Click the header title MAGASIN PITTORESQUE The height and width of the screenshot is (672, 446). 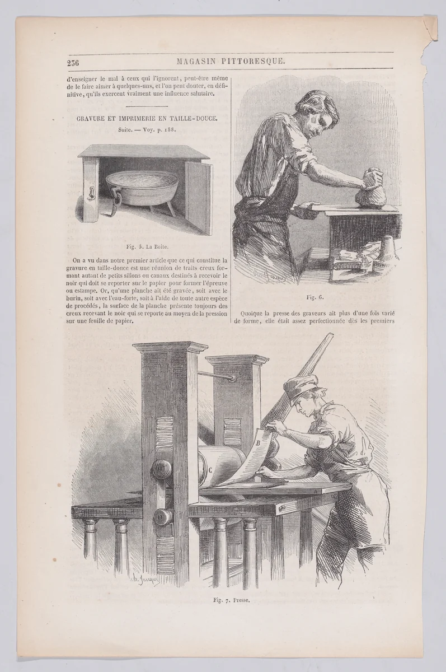tap(232, 62)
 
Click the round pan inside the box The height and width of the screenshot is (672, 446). tap(142, 188)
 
